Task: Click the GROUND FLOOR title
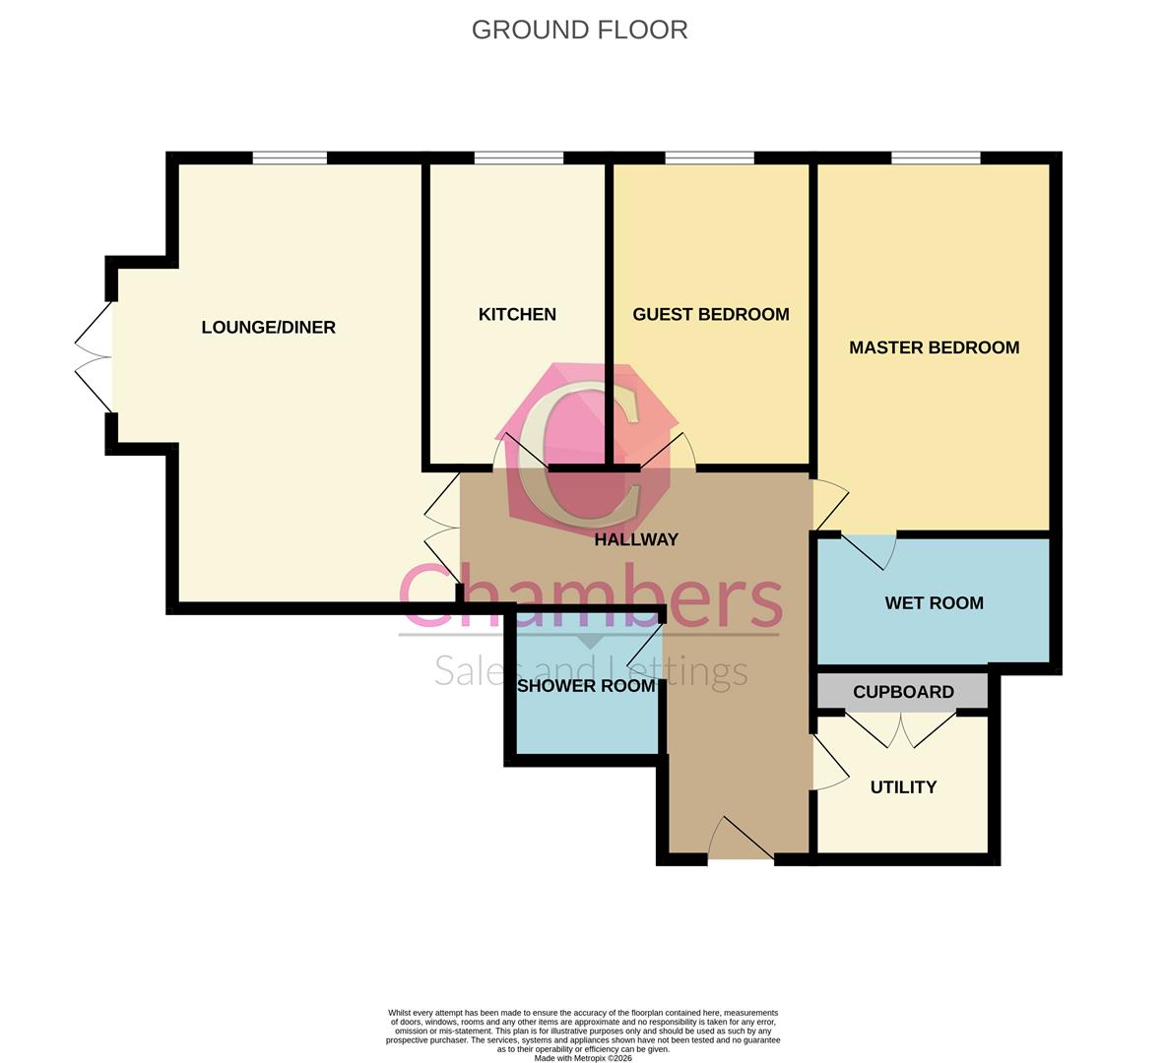[579, 30]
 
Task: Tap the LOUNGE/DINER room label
[268, 327]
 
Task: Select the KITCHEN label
[517, 314]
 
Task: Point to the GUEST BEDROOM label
[710, 314]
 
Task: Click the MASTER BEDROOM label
[934, 347]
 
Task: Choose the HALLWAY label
[636, 539]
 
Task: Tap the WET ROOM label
[934, 602]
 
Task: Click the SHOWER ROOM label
[586, 686]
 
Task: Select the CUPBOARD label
[903, 692]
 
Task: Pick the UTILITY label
[903, 787]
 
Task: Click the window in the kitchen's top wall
[518, 157]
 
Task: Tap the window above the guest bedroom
[709, 157]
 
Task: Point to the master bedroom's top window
[936, 157]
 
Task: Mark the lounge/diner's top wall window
[290, 157]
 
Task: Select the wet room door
[869, 551]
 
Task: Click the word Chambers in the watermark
[591, 595]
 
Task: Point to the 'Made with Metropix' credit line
[583, 1058]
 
